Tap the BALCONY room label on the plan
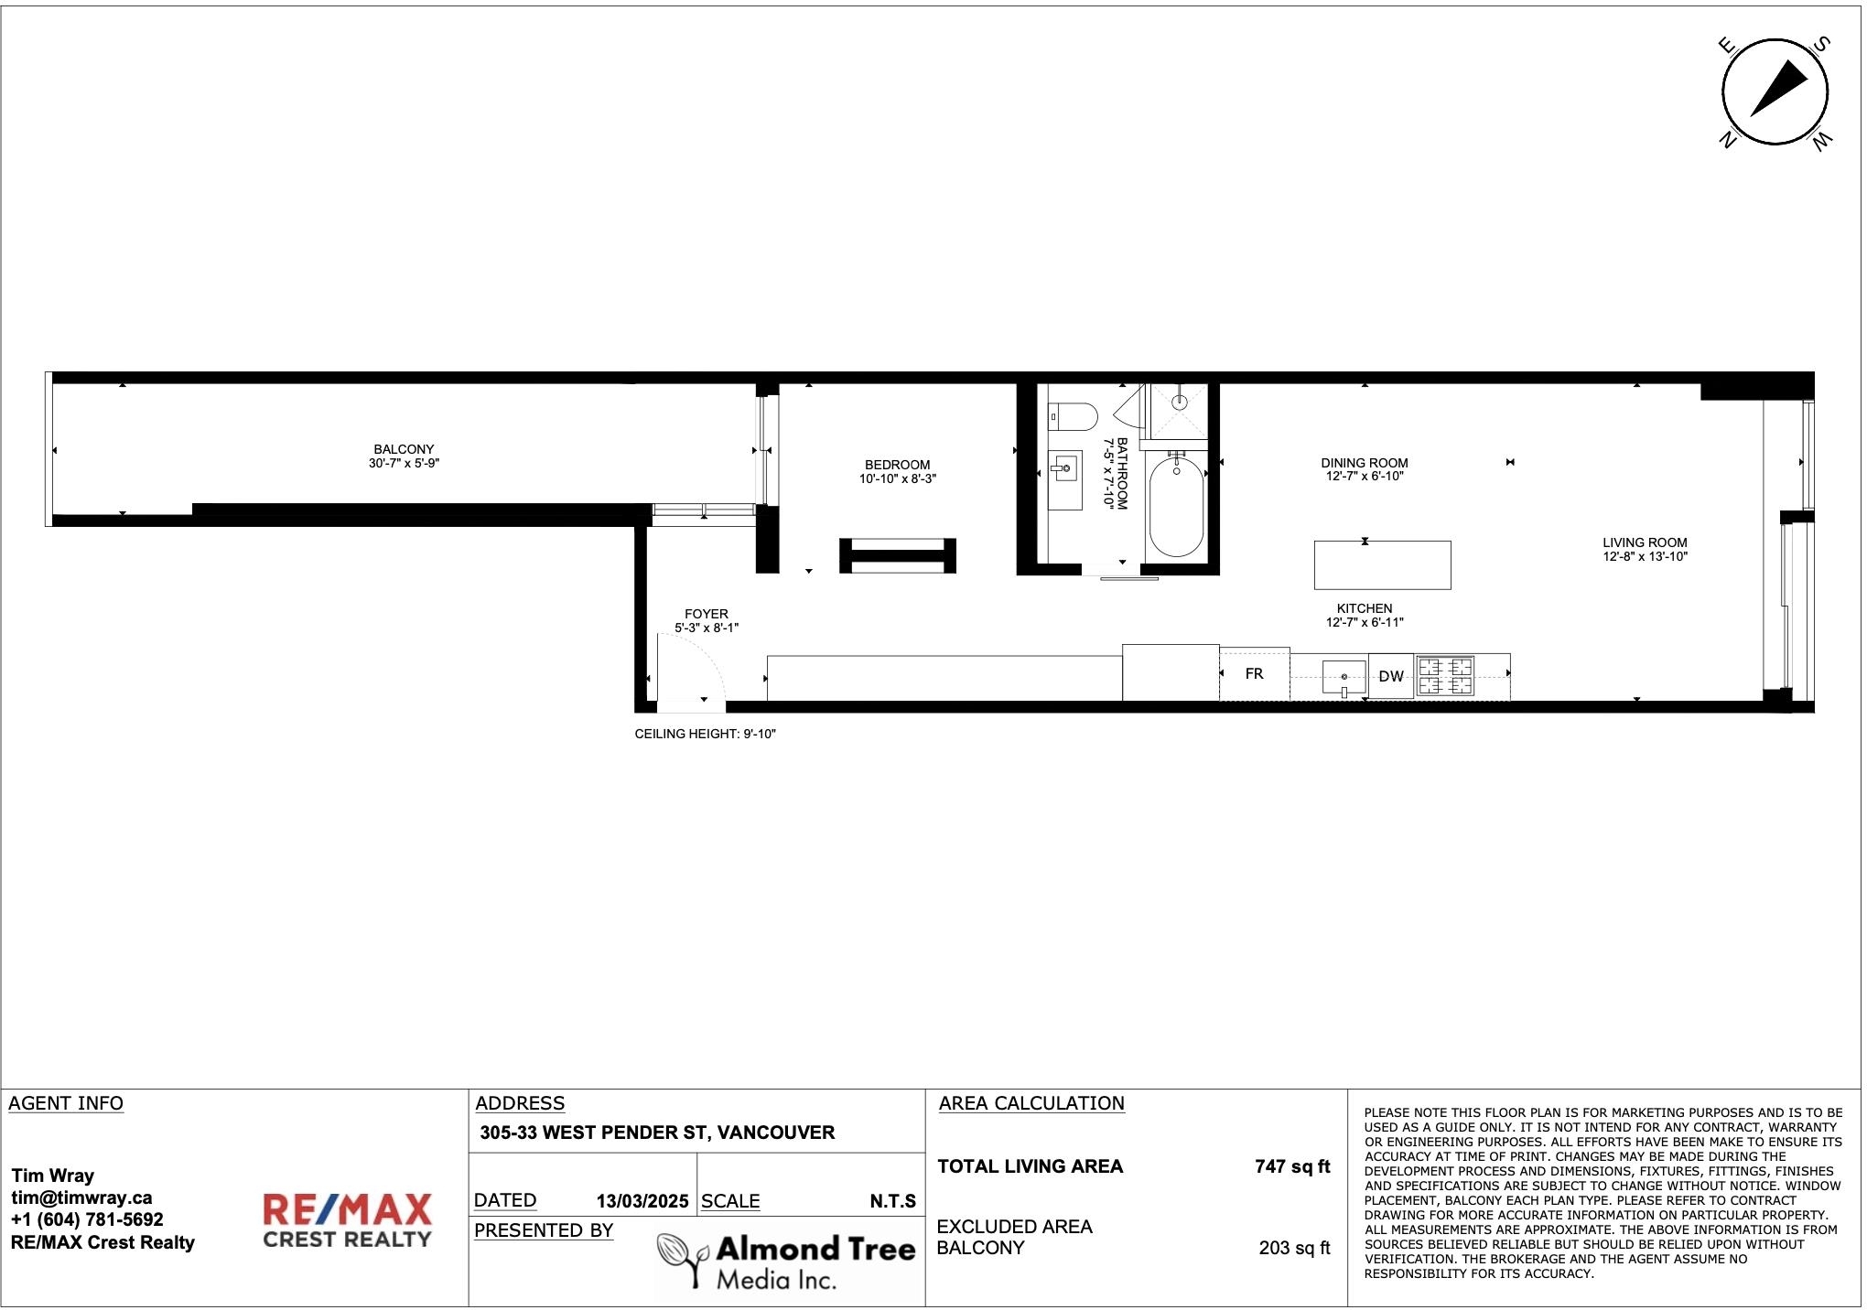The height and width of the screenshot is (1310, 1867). pyautogui.click(x=404, y=449)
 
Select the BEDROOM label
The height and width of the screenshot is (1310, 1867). pyautogui.click(x=897, y=465)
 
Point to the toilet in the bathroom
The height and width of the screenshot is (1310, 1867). pyautogui.click(x=1073, y=417)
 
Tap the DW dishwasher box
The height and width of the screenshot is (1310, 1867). pyautogui.click(x=1391, y=677)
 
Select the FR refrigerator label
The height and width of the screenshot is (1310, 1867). pyautogui.click(x=1254, y=673)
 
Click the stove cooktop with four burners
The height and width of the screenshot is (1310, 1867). pyautogui.click(x=1446, y=677)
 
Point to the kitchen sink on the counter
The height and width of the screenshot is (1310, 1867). pyautogui.click(x=1344, y=678)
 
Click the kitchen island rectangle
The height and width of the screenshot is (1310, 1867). pyautogui.click(x=1383, y=565)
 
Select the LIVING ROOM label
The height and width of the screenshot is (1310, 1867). pyautogui.click(x=1645, y=542)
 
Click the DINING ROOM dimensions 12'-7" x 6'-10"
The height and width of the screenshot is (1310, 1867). pyautogui.click(x=1365, y=476)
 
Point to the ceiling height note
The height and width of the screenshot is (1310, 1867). pyautogui.click(x=705, y=734)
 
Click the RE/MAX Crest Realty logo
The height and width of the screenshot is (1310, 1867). pyautogui.click(x=347, y=1220)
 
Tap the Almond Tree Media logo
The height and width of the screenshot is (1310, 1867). pyautogui.click(x=786, y=1260)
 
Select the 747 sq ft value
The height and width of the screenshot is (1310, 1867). pyautogui.click(x=1292, y=1166)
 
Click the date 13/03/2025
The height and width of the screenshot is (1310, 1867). pyautogui.click(x=642, y=1201)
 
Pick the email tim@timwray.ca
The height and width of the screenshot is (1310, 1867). pyautogui.click(x=81, y=1197)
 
